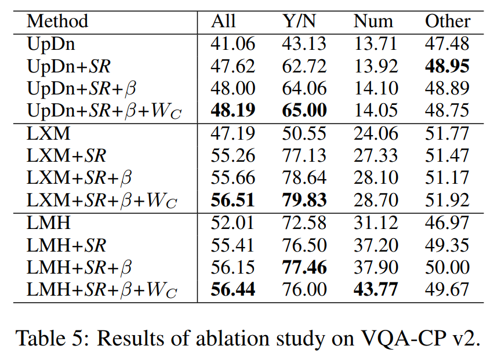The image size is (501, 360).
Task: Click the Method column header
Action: (57, 21)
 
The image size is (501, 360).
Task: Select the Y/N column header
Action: (299, 21)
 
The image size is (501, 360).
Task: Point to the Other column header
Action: (447, 21)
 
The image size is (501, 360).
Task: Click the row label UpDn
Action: (52, 43)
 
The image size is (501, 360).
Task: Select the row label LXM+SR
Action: (67, 156)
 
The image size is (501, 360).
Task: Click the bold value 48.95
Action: (447, 66)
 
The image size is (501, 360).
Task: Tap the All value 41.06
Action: (232, 43)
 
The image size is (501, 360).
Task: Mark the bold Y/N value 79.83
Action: (304, 201)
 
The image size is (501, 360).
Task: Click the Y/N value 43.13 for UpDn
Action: (304, 43)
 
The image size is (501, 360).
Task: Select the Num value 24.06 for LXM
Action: (376, 133)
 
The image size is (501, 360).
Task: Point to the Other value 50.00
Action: (447, 267)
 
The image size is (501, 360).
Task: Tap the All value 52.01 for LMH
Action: (232, 223)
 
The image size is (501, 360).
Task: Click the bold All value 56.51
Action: (233, 201)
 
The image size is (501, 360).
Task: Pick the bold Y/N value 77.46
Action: (304, 267)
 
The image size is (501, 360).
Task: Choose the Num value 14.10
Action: (376, 89)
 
